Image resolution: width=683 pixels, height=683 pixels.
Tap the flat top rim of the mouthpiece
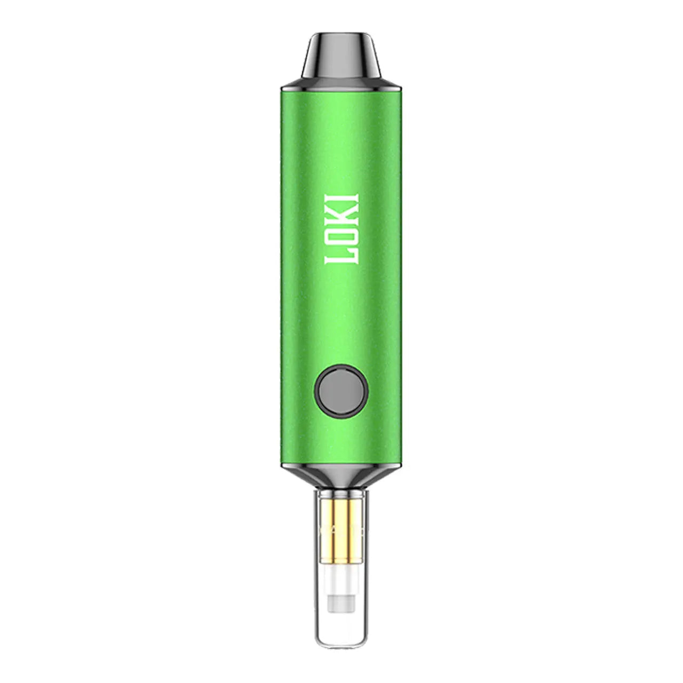pyautogui.click(x=341, y=37)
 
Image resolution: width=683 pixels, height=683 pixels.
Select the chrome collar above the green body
pyautogui.click(x=341, y=84)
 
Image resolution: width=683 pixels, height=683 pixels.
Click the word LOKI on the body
pyautogui.click(x=342, y=228)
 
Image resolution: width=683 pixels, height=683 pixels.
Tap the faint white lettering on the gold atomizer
pyautogui.click(x=341, y=531)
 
